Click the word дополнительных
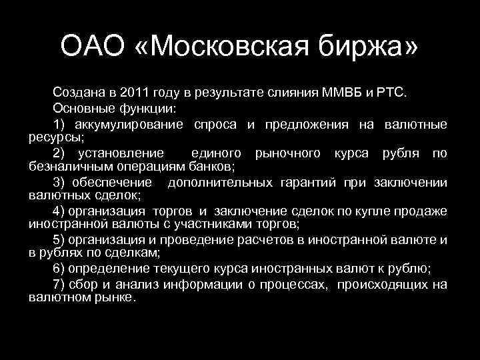(219, 183)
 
